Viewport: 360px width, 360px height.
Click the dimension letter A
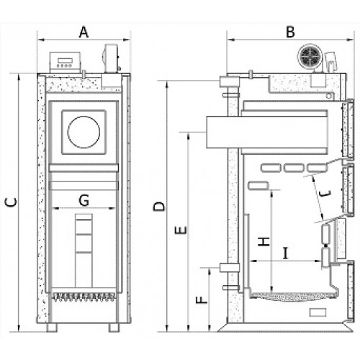click(84, 32)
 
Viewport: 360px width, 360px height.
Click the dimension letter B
click(290, 32)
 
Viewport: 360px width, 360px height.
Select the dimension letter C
click(12, 202)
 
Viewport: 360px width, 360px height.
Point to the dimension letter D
click(159, 207)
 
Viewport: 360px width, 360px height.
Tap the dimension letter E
click(181, 230)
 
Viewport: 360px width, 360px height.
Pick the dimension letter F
click(202, 300)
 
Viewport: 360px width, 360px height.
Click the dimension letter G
click(84, 200)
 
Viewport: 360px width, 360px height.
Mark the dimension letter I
click(285, 253)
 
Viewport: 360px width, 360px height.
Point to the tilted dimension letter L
click(325, 194)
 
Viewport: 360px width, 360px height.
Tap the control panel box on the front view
click(65, 62)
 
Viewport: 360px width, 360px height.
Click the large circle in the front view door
click(84, 132)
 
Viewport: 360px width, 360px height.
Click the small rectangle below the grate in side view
click(318, 312)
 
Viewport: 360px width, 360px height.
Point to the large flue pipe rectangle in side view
click(267, 132)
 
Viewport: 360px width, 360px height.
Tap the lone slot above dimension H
click(258, 186)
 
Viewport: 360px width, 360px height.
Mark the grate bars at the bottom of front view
click(83, 297)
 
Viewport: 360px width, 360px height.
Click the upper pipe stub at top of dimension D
click(229, 81)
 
